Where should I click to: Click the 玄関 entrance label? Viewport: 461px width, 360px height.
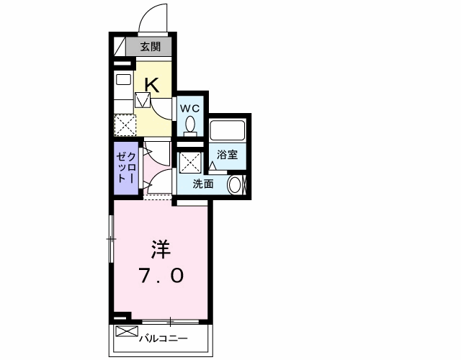[x=150, y=48]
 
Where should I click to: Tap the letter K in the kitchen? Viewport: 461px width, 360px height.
[x=151, y=84]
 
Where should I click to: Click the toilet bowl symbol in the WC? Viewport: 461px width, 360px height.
[x=190, y=125]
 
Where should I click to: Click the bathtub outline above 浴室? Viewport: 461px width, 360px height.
[x=228, y=131]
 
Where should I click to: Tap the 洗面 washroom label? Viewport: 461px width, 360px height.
[x=203, y=184]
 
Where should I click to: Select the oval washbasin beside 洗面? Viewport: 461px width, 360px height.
[x=235, y=185]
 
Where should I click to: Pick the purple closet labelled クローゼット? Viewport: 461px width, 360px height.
[x=127, y=168]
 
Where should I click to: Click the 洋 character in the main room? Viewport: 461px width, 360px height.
[x=160, y=249]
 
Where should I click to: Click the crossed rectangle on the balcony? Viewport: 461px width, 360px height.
[x=125, y=332]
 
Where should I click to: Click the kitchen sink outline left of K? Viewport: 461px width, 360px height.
[x=122, y=80]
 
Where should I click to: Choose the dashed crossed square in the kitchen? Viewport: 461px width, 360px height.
[x=125, y=125]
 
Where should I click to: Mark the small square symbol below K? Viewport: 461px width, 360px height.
[x=142, y=100]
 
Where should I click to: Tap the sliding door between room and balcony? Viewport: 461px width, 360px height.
[x=171, y=320]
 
